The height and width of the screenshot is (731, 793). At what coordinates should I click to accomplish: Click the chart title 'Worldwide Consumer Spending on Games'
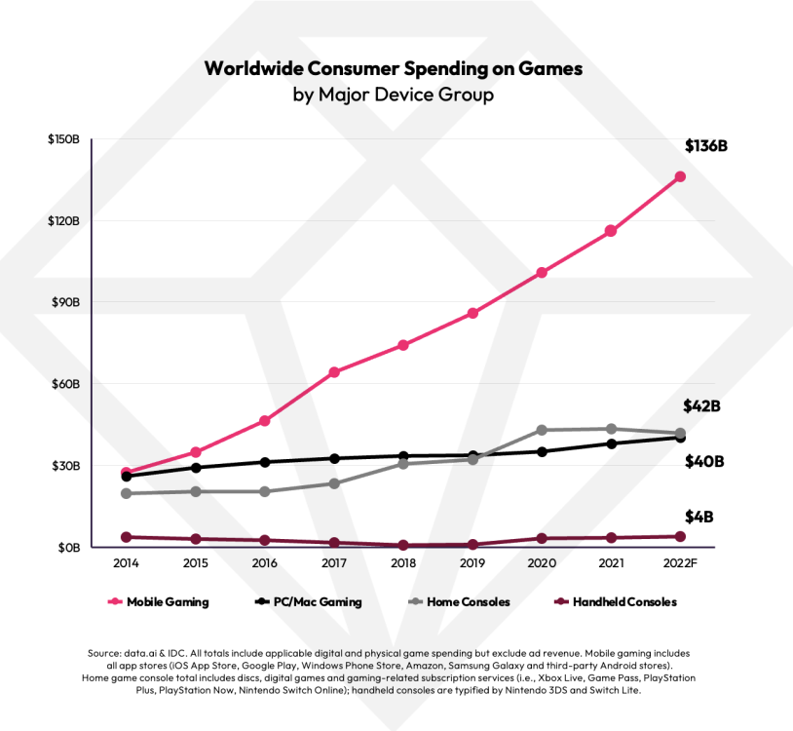pyautogui.click(x=394, y=69)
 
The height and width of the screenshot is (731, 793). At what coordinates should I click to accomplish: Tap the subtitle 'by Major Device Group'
pyautogui.click(x=394, y=96)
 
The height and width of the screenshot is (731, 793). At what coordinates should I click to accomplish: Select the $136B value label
pyautogui.click(x=706, y=146)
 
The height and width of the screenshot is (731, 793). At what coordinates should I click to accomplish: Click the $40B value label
pyautogui.click(x=704, y=461)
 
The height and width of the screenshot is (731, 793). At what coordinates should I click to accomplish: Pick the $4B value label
pyautogui.click(x=698, y=516)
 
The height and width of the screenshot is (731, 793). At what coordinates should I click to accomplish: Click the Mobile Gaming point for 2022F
pyautogui.click(x=680, y=176)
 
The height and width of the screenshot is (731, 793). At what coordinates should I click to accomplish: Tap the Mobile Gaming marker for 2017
pyautogui.click(x=334, y=372)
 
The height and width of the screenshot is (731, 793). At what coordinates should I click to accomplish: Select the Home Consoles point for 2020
pyautogui.click(x=542, y=430)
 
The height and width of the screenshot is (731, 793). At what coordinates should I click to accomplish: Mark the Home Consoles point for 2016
pyautogui.click(x=265, y=491)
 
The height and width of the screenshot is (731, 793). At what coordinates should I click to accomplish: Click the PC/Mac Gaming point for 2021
pyautogui.click(x=611, y=443)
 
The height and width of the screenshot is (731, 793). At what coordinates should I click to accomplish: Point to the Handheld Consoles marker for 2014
pyautogui.click(x=127, y=537)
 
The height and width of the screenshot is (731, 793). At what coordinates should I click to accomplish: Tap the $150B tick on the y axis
pyautogui.click(x=63, y=139)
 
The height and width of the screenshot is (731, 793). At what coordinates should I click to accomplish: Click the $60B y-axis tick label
pyautogui.click(x=63, y=384)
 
